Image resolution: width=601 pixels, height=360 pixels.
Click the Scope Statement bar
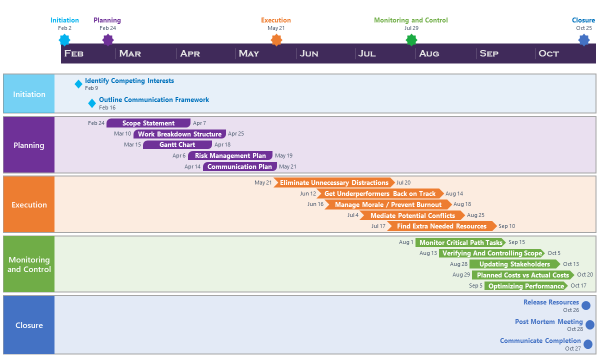pos(148,123)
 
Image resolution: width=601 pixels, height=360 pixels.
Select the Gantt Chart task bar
pos(177,145)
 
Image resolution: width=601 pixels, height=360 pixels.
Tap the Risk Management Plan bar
pos(230,156)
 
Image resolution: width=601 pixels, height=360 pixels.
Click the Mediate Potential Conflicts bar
pos(412,215)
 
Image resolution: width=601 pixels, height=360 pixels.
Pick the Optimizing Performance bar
pos(525,286)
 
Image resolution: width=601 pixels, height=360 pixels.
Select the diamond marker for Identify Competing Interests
pos(78,84)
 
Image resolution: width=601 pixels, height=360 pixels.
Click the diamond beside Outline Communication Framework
pos(92,103)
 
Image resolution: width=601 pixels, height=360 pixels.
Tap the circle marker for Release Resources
pos(586,305)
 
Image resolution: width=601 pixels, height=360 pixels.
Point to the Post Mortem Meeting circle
pos(590,325)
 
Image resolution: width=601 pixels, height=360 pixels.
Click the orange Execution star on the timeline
pos(276,40)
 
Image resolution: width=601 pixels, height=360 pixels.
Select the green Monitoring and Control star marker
pos(411,40)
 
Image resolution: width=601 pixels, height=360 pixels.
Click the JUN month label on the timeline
pos(309,53)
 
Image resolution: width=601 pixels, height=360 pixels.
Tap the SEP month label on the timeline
pos(489,53)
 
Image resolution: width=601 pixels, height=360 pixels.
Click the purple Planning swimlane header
pos(29,145)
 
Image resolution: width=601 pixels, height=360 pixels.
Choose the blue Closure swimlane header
pos(29,325)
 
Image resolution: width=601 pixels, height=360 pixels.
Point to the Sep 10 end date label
pos(506,226)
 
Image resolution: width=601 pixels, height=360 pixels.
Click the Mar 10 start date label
pos(122,134)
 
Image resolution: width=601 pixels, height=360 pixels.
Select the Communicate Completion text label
pos(540,341)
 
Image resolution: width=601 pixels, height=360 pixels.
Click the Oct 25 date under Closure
pos(583,28)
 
